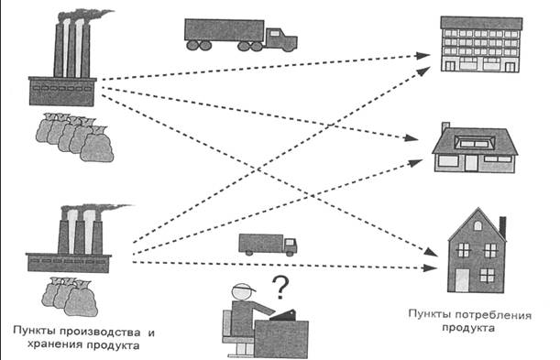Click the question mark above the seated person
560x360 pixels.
click(x=280, y=288)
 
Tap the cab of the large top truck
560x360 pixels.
click(x=280, y=38)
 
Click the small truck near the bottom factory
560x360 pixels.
click(x=268, y=245)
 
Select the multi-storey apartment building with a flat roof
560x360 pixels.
click(x=480, y=44)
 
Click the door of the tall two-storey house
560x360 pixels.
click(x=462, y=279)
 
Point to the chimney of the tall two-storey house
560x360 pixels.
click(x=502, y=227)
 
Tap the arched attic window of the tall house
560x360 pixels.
click(x=478, y=225)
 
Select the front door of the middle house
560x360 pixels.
click(x=471, y=162)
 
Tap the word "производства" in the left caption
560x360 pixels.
click(x=104, y=333)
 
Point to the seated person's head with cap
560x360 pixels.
click(x=242, y=291)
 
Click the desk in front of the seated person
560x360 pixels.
click(x=281, y=338)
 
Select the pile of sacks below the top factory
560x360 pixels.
click(x=74, y=137)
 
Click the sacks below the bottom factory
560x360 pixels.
click(x=70, y=297)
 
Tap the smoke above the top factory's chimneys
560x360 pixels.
click(x=86, y=16)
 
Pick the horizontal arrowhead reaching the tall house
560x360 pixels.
click(x=431, y=267)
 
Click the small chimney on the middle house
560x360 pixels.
click(x=445, y=127)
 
